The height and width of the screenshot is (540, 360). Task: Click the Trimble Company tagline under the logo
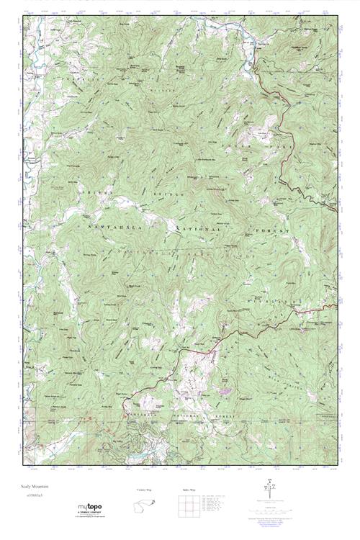pyautogui.click(x=96, y=513)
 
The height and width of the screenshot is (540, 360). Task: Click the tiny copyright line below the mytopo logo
pyautogui.click(x=96, y=518)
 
